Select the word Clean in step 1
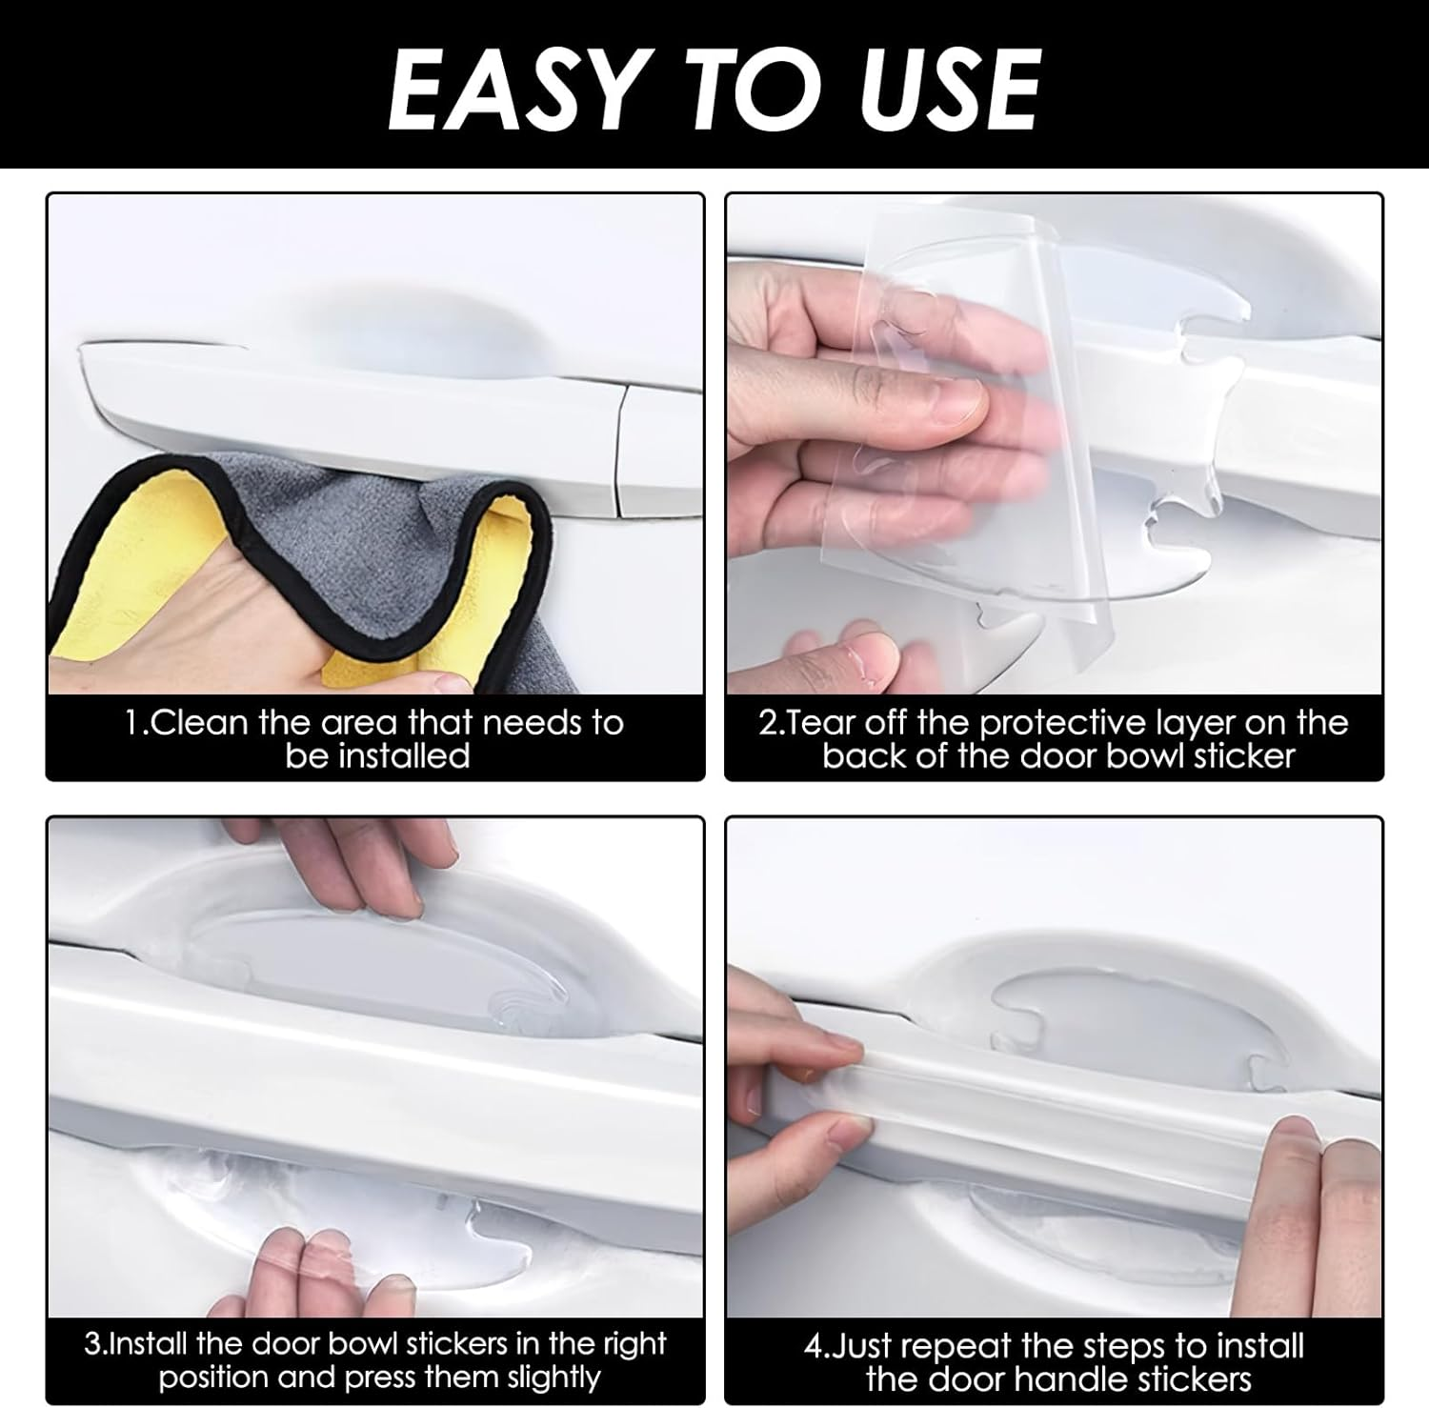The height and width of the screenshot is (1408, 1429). click(200, 723)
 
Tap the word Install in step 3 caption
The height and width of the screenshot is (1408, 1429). click(151, 1344)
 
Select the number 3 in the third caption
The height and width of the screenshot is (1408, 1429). click(91, 1344)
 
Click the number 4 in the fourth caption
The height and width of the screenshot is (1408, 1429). click(812, 1347)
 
